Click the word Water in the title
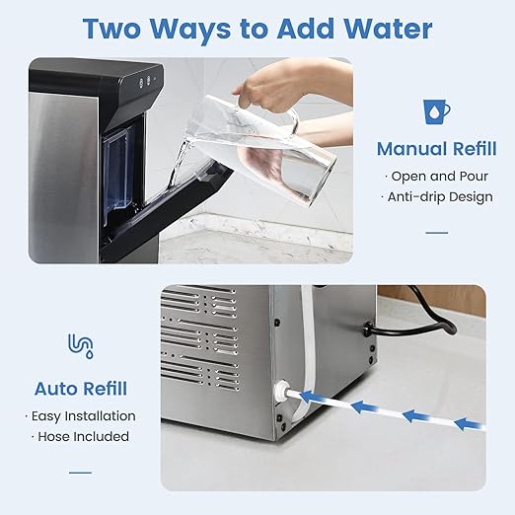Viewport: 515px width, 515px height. [x=380, y=29]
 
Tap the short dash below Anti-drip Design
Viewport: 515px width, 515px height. [x=436, y=233]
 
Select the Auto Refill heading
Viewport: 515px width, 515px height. [x=81, y=388]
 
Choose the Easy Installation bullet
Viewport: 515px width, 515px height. [x=81, y=415]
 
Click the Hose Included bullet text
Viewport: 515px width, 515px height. [x=81, y=436]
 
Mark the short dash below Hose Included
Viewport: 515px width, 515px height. [x=81, y=472]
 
